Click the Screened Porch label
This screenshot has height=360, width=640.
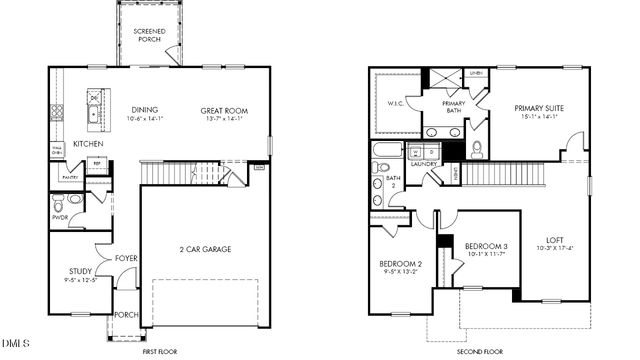pyautogui.click(x=149, y=36)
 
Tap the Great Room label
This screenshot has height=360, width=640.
pyautogui.click(x=224, y=111)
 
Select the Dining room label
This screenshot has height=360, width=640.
pyautogui.click(x=146, y=111)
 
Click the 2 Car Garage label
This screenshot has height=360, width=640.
pyautogui.click(x=209, y=249)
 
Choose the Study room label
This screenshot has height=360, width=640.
pyautogui.click(x=80, y=271)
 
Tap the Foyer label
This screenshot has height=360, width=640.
pyautogui.click(x=126, y=258)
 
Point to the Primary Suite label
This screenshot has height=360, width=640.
pyautogui.click(x=540, y=108)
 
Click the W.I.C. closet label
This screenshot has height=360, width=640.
pyautogui.click(x=394, y=102)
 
